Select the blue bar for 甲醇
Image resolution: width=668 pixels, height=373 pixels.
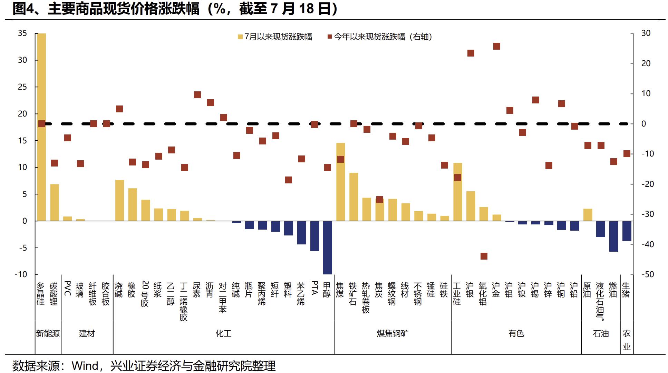[327, 248]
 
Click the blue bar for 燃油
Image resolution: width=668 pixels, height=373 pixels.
[613, 236]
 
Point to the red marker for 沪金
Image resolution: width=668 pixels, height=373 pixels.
[497, 46]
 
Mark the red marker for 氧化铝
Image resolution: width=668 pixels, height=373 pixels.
[484, 256]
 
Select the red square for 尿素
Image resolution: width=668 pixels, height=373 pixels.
[197, 95]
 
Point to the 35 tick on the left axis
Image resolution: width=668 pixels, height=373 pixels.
[22, 33]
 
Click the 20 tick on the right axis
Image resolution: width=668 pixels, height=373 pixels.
[646, 63]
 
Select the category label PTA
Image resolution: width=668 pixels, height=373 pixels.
[314, 288]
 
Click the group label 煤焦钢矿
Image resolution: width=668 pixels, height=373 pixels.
[392, 334]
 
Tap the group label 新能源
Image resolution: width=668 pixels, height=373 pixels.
[48, 334]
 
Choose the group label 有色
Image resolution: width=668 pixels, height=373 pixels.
[516, 334]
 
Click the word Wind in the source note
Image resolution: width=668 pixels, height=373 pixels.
[85, 366]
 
